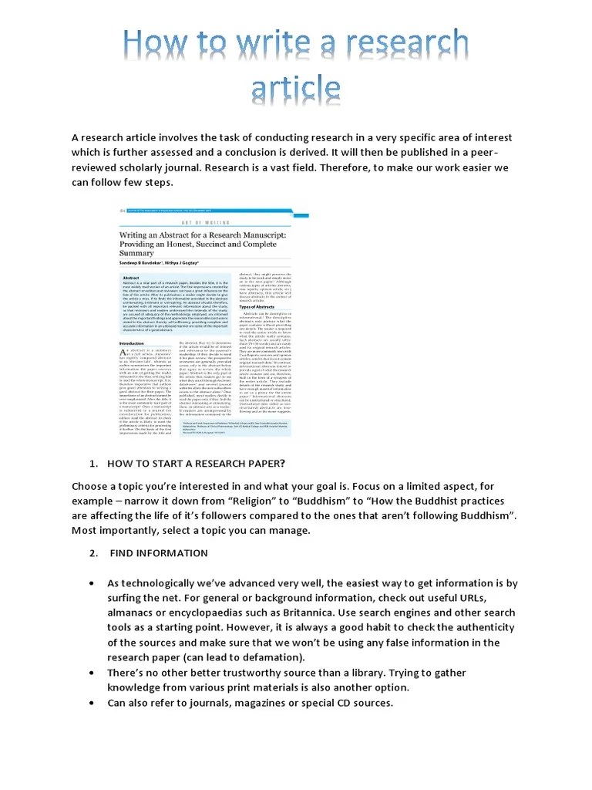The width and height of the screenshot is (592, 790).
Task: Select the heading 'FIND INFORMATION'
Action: click(x=159, y=553)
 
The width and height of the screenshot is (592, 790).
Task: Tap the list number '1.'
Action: click(x=94, y=464)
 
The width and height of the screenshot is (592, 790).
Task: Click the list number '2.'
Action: click(x=94, y=553)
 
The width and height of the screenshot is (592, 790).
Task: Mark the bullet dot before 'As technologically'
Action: click(x=92, y=584)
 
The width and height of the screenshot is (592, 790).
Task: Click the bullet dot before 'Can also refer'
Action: click(x=92, y=703)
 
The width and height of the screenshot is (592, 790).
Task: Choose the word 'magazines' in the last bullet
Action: click(x=261, y=703)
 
